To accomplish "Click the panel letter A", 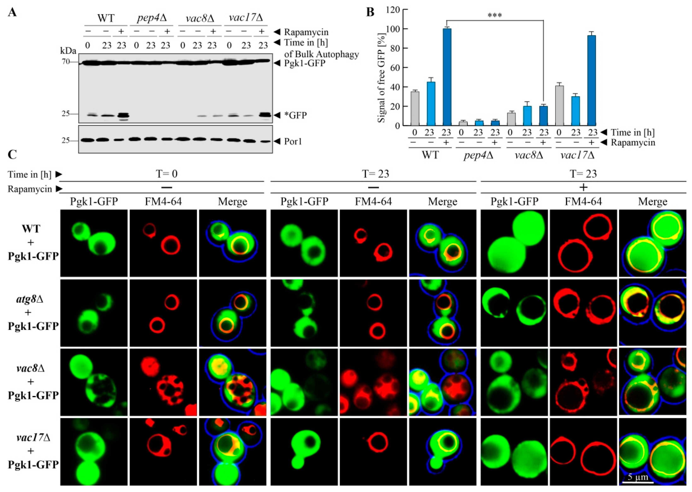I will (12, 12).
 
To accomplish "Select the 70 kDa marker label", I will (66, 62).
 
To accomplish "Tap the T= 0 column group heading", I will (167, 174).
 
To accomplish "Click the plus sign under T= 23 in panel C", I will (583, 188).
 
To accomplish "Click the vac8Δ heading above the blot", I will (200, 18).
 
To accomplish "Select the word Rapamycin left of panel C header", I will (30, 189).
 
